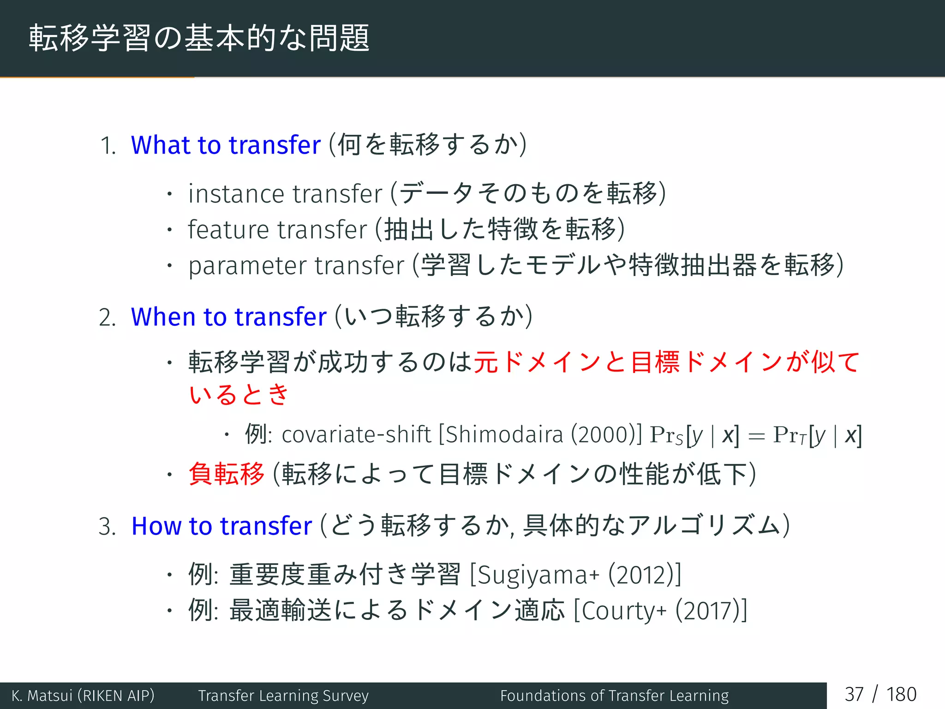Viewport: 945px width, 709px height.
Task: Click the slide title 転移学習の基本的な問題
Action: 199,38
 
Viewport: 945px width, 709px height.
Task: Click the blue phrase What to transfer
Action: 226,145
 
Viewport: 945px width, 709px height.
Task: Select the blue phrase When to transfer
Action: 228,317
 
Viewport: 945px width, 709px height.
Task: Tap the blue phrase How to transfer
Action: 221,526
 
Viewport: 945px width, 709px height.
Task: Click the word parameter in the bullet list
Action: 247,266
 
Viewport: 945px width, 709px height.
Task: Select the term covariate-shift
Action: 356,435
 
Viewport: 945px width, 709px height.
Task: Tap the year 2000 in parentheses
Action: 602,435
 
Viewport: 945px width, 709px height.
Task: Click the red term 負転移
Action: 226,474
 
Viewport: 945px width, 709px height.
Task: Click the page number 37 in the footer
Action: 854,695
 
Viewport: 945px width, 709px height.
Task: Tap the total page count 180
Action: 901,695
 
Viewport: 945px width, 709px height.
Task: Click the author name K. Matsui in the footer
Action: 42,696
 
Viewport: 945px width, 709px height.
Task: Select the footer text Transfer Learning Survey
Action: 283,696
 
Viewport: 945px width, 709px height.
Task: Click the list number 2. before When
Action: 107,318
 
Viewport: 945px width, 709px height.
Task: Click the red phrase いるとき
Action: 239,395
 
